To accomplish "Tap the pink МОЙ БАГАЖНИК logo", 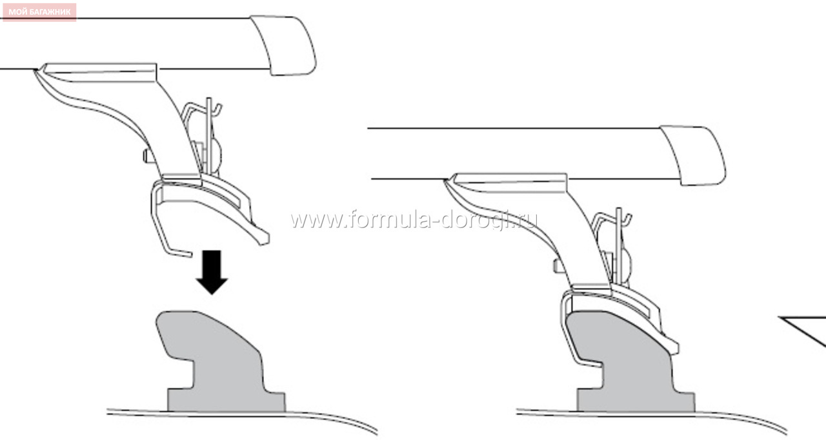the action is pos(39,12).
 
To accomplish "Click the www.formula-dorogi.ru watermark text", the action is pos(414,220).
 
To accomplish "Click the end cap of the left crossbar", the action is pos(284,45).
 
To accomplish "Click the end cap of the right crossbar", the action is pos(693,155).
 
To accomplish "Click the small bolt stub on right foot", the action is pos(557,266).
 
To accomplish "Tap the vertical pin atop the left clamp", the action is pos(209,122).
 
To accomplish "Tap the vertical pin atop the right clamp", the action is pos(619,232).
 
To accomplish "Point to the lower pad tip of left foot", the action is pos(263,238).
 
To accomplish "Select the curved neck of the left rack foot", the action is pos(174,122).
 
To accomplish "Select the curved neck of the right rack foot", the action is pos(583,232).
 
